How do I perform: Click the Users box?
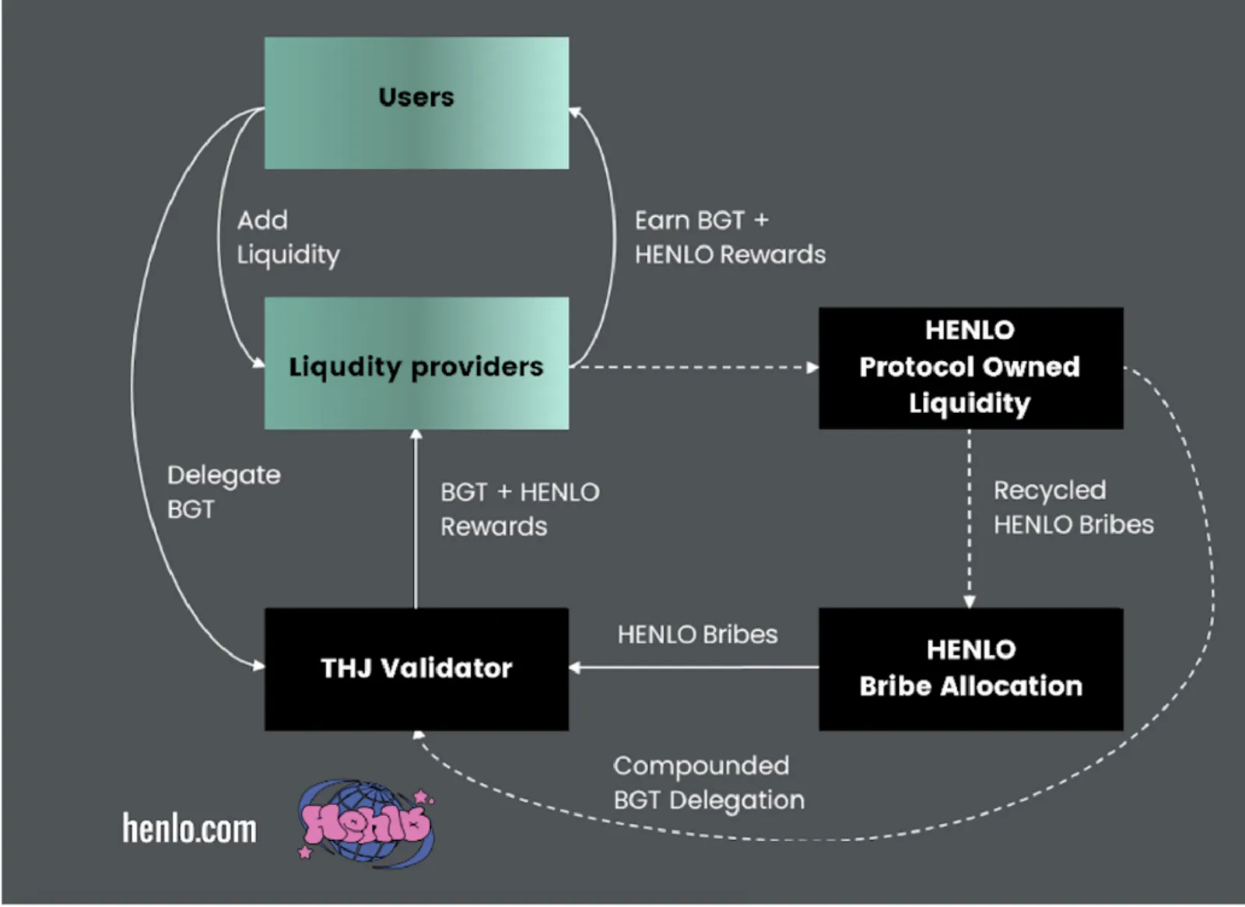click(x=416, y=103)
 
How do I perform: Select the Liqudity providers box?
click(x=416, y=363)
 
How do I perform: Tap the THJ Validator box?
click(x=416, y=669)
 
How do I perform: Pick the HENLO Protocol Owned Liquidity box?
click(x=970, y=368)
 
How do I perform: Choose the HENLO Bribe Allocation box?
click(x=970, y=669)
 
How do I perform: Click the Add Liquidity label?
click(x=288, y=238)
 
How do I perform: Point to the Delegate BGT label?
click(x=224, y=492)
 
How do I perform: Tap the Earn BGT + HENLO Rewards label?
click(x=730, y=238)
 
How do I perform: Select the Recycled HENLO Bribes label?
click(x=1073, y=507)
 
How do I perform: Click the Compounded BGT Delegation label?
click(x=709, y=783)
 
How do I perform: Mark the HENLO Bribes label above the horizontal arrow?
click(x=697, y=635)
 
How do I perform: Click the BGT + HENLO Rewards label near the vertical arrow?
click(x=520, y=509)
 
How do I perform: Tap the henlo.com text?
click(x=190, y=828)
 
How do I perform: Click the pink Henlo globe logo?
click(x=366, y=823)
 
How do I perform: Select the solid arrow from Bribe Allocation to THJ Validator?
click(x=693, y=667)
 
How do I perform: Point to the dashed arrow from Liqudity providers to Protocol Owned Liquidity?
click(x=693, y=367)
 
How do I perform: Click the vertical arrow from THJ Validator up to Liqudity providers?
click(x=416, y=519)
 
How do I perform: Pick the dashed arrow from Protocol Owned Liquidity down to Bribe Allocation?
click(x=970, y=519)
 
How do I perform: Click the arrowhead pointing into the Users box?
click(x=575, y=113)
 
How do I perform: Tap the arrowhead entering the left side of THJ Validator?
click(x=258, y=666)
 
